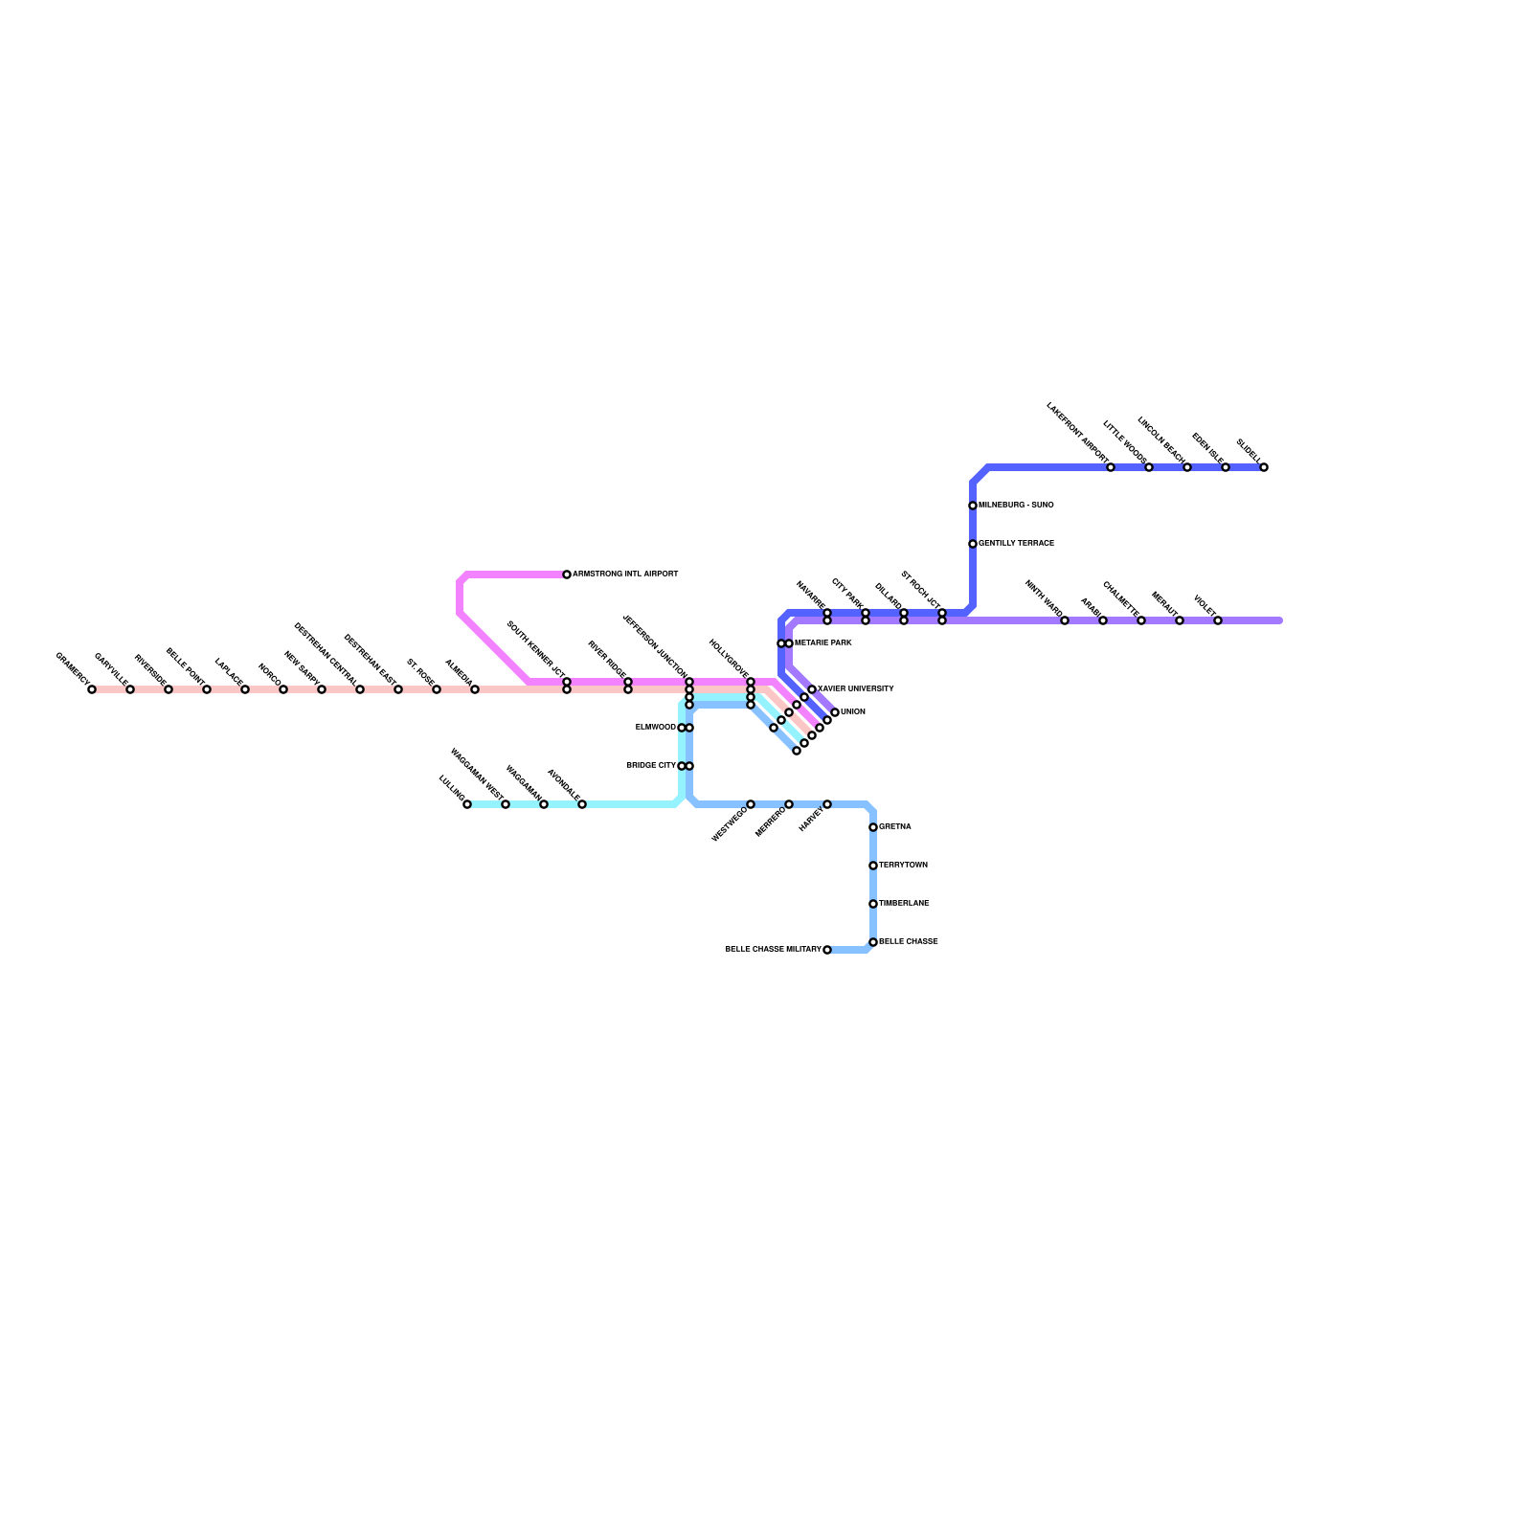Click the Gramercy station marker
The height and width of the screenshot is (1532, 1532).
[92, 689]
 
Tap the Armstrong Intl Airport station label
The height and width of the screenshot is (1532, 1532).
[625, 574]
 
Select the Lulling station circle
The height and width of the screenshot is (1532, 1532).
[467, 804]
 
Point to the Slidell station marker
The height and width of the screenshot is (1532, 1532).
[1264, 467]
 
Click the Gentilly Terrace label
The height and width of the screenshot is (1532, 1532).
[1016, 544]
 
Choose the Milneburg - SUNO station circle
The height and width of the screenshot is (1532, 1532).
[973, 506]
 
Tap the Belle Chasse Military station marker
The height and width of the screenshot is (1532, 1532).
[827, 950]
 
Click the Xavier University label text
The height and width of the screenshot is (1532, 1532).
[855, 689]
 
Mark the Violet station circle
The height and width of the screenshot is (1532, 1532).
[1218, 620]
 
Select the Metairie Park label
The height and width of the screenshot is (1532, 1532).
[822, 643]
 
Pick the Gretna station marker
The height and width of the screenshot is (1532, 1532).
[873, 827]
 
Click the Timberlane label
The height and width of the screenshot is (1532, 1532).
[904, 904]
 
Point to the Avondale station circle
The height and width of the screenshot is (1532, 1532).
[582, 804]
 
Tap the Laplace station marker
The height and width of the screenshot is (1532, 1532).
[245, 689]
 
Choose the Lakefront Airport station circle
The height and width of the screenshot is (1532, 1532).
[1111, 467]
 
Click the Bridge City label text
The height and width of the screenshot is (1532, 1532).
[651, 766]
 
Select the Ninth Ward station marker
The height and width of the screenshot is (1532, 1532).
[1065, 620]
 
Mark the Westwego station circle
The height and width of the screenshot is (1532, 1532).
[751, 804]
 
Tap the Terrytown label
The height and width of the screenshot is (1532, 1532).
[903, 866]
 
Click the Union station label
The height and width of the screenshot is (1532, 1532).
[852, 712]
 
